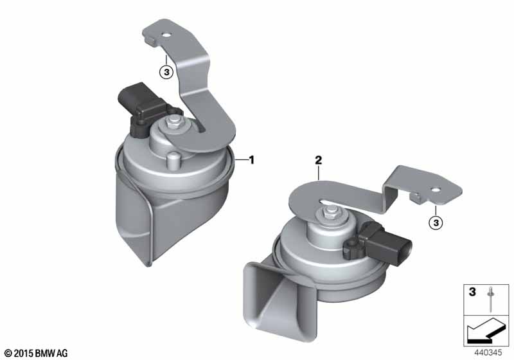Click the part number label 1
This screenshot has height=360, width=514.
(251, 160)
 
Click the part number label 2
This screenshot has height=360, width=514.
(318, 160)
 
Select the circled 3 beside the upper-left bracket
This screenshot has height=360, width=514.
(166, 71)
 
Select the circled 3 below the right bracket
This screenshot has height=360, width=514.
(436, 223)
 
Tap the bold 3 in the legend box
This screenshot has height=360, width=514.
(472, 291)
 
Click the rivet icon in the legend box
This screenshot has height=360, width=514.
(490, 300)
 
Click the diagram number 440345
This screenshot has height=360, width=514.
(488, 352)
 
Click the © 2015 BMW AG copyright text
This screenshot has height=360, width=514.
(37, 353)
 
